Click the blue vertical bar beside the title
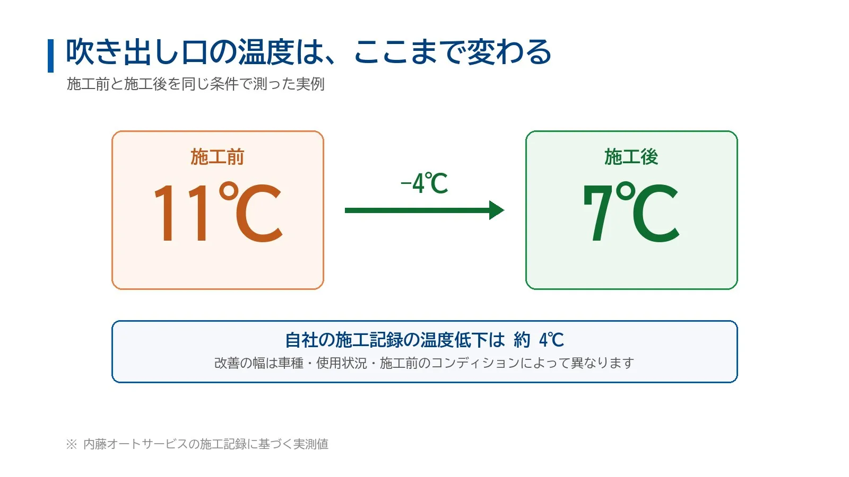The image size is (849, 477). [50, 56]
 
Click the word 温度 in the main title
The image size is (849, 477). [266, 51]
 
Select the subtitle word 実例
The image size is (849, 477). [310, 84]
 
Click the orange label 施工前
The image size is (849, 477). [217, 157]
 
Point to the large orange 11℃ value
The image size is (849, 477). [218, 211]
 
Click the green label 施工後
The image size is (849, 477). [631, 157]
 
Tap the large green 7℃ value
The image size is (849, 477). [631, 211]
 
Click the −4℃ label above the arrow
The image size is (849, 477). [424, 183]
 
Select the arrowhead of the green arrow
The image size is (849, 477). [497, 210]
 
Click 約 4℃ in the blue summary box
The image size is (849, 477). [539, 340]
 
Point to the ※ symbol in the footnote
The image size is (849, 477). [72, 444]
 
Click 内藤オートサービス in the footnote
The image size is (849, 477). [136, 444]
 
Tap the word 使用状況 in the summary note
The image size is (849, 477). [342, 363]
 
